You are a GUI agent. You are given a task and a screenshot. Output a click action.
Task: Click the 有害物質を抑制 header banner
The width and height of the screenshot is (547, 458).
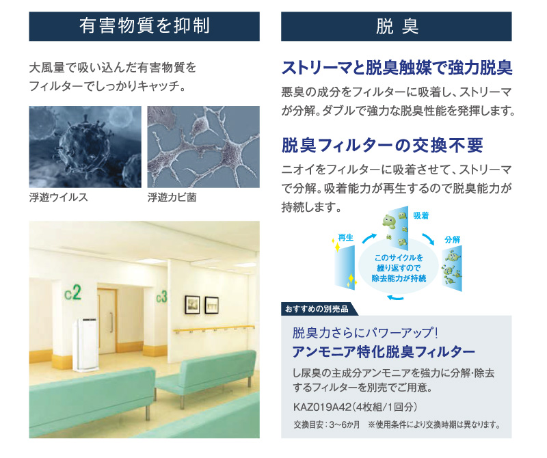[x=144, y=26]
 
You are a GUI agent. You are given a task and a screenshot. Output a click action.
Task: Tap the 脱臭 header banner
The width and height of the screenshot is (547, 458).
[x=397, y=26]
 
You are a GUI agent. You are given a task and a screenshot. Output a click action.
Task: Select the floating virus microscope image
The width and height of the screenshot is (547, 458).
[x=85, y=147]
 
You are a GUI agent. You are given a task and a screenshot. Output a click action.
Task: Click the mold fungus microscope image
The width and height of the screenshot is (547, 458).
[x=203, y=147]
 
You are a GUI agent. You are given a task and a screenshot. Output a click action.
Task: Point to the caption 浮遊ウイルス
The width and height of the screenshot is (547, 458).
[x=58, y=198]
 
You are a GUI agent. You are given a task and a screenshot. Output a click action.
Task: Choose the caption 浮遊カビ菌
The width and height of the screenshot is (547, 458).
[x=172, y=198]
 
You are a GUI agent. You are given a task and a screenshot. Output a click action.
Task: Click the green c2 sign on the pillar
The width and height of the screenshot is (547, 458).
[x=73, y=293]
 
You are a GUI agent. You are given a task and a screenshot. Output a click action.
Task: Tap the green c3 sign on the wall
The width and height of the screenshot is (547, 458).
[x=161, y=297]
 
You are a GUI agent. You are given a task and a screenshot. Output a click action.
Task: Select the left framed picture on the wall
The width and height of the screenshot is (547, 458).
[x=192, y=304]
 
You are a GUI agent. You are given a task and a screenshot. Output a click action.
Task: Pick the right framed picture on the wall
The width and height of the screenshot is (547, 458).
[x=211, y=306]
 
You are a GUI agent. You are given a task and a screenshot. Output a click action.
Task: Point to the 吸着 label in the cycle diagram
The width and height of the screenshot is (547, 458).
[x=421, y=215]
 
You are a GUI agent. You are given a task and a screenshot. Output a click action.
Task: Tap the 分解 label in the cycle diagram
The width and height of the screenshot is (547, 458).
[x=453, y=240]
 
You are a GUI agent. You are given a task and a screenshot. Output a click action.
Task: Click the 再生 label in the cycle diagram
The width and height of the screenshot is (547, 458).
[x=346, y=238]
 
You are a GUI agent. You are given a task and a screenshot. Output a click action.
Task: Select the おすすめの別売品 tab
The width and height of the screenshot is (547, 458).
[x=317, y=309]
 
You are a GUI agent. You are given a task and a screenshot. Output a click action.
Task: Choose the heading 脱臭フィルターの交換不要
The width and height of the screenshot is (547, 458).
[x=382, y=146]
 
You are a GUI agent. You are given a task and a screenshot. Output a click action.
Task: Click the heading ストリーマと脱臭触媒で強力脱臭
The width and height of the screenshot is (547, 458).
[x=397, y=68]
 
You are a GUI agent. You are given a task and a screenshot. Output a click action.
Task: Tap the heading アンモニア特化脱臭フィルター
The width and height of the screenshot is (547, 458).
[x=384, y=352]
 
